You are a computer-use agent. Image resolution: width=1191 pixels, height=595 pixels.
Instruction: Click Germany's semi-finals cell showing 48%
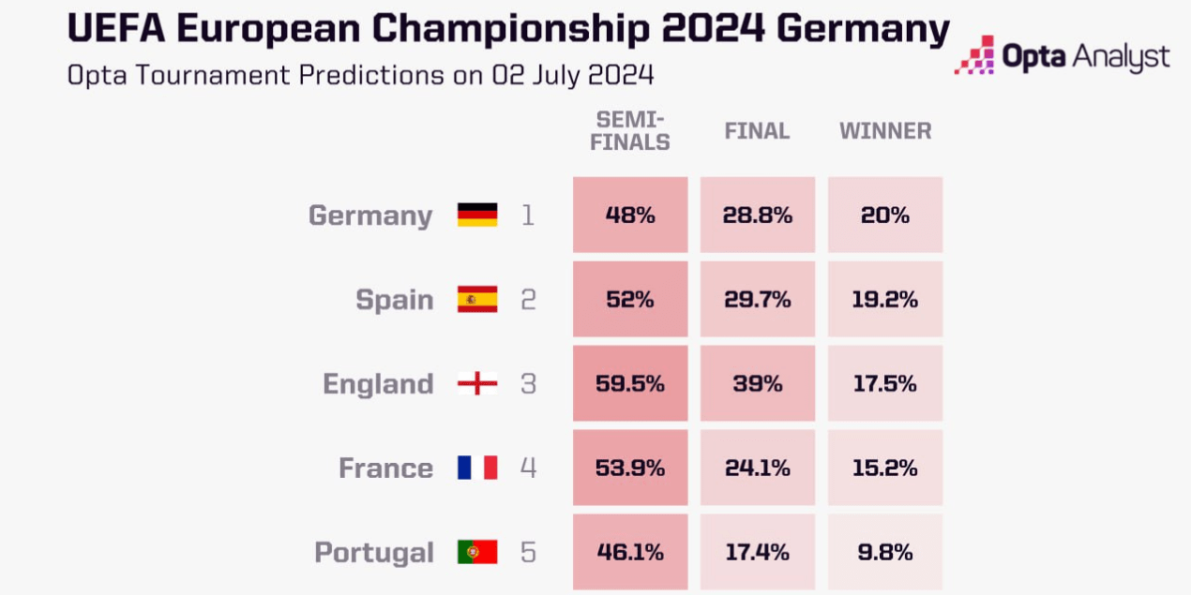[630, 215]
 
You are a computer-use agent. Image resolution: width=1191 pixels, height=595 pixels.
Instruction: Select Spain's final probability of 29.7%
[757, 300]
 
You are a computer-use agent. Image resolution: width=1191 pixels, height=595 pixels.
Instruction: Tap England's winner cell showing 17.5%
[884, 384]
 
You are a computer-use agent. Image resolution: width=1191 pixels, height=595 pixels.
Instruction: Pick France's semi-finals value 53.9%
[630, 468]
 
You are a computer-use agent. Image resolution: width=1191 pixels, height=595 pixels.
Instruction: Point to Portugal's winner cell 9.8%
[884, 552]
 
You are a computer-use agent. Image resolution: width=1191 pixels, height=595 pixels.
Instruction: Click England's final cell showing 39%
[757, 384]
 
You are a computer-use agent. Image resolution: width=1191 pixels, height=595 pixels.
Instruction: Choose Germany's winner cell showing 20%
[884, 215]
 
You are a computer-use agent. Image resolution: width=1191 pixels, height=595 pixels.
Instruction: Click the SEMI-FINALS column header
[634, 131]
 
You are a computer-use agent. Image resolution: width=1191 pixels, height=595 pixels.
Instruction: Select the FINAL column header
[757, 131]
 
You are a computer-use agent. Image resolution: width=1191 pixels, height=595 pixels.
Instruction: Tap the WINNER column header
[885, 131]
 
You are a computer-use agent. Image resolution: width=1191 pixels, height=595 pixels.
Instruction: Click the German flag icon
[477, 215]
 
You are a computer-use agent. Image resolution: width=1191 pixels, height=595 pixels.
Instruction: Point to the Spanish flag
[477, 300]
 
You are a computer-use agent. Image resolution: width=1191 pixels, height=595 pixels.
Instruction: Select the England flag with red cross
[477, 384]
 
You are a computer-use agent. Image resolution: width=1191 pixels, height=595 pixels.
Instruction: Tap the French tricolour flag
[477, 468]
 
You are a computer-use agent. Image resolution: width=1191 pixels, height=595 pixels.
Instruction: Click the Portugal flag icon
[477, 552]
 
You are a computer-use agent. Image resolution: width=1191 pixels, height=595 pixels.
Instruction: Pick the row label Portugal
[374, 552]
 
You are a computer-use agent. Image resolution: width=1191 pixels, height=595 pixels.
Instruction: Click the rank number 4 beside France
[528, 468]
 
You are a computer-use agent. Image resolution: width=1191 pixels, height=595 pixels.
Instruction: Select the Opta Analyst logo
[1063, 57]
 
